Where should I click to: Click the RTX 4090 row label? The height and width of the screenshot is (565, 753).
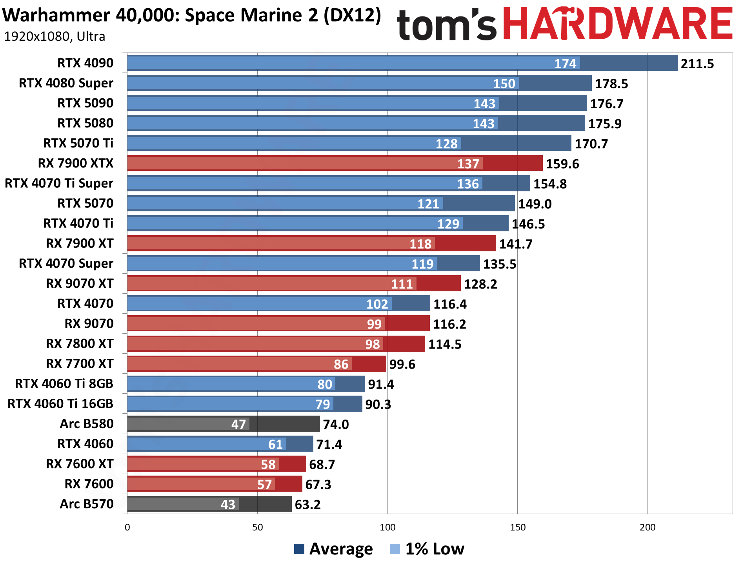85,63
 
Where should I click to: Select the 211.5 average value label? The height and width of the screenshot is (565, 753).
697,64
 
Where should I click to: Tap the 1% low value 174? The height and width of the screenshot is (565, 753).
565,64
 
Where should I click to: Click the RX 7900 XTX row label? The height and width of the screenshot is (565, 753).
75,163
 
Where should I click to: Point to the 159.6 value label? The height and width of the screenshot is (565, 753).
562,164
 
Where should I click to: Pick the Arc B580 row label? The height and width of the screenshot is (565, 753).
86,424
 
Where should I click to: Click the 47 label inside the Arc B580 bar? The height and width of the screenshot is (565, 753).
238,424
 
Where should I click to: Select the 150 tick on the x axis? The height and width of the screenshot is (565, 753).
517,527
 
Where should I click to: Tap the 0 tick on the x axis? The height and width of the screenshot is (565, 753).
127,527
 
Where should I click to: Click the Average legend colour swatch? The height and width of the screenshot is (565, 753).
299,549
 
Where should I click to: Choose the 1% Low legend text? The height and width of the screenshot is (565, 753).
435,549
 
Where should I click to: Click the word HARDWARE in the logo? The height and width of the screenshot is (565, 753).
618,24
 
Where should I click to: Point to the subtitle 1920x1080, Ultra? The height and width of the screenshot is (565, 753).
55,37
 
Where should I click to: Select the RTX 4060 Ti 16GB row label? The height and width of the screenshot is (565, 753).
60,404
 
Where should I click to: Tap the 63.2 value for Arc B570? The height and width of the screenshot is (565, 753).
307,505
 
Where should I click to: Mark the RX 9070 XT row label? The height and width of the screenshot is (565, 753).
80,283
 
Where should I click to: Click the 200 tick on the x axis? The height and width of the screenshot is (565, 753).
648,527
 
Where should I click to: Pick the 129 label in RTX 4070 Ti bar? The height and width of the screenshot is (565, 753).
448,224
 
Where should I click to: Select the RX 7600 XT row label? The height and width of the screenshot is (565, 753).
80,464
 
